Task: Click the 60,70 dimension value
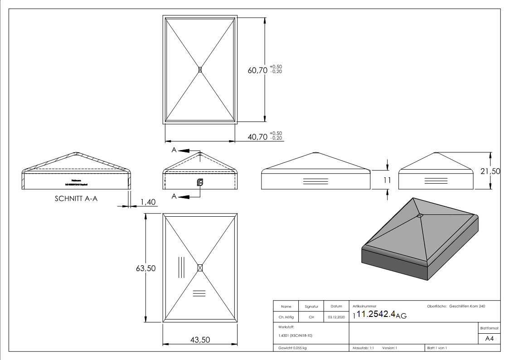tap(257, 70)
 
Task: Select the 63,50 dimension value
tap(145, 268)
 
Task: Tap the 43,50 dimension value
tap(200, 340)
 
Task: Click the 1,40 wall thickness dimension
tap(147, 201)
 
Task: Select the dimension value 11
tap(387, 180)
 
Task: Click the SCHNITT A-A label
tap(76, 199)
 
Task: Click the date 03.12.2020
tap(336, 317)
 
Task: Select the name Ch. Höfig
tap(286, 317)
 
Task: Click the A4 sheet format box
tap(489, 338)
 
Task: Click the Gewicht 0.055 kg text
tap(292, 348)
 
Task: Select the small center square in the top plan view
tap(200, 69)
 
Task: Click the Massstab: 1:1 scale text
tap(363, 348)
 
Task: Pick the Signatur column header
tap(311, 306)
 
